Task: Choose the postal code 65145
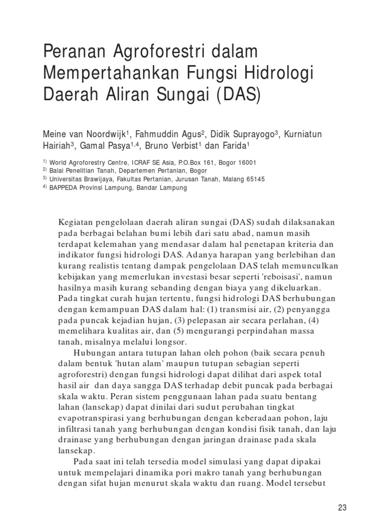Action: [254, 179]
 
